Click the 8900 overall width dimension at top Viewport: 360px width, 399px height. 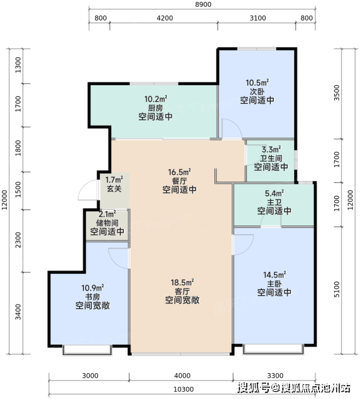click(x=204, y=5)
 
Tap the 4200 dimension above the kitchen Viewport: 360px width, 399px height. click(x=165, y=18)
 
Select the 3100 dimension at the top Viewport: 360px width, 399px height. click(x=258, y=18)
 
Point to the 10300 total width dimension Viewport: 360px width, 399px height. click(x=183, y=389)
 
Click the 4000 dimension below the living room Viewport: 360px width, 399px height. click(x=182, y=376)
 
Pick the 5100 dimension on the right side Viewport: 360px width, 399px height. click(x=337, y=289)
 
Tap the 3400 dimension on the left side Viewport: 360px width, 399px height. click(x=18, y=312)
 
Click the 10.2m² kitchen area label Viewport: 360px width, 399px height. click(x=156, y=98)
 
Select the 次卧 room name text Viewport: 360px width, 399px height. click(x=257, y=91)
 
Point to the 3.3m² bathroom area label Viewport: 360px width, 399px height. click(x=271, y=149)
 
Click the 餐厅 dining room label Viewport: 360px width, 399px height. click(x=180, y=181)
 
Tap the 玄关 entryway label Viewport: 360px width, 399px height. click(x=114, y=189)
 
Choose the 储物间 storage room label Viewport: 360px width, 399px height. click(x=107, y=223)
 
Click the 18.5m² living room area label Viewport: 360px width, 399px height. click(x=182, y=283)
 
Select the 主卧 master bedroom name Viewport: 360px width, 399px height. click(x=274, y=283)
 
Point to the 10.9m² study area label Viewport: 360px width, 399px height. click(x=92, y=288)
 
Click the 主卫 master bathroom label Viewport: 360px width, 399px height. click(x=274, y=203)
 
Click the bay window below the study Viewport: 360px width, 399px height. click(x=87, y=350)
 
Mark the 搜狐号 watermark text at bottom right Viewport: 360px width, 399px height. click(x=254, y=388)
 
